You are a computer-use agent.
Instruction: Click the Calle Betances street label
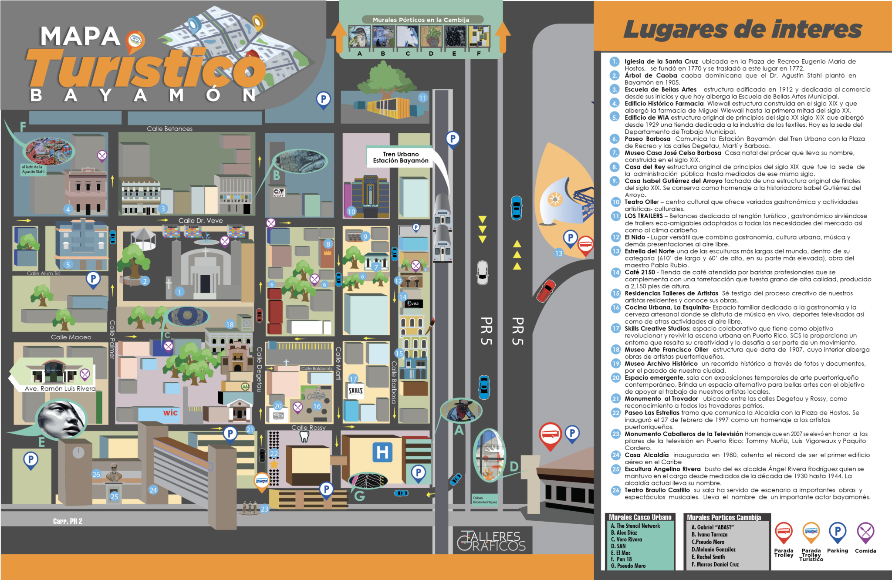pyautogui.click(x=169, y=129)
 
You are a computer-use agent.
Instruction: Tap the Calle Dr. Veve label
pyautogui.click(x=200, y=221)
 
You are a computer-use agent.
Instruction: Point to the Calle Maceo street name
pyautogui.click(x=71, y=337)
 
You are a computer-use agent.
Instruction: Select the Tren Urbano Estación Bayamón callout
pyautogui.click(x=401, y=157)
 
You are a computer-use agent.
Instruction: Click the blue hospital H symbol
pyautogui.click(x=382, y=452)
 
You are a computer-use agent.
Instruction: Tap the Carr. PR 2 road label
pyautogui.click(x=68, y=521)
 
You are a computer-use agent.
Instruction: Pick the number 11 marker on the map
pyautogui.click(x=422, y=98)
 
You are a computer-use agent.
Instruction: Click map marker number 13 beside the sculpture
pyautogui.click(x=559, y=253)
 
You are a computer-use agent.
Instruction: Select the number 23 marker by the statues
pyautogui.click(x=265, y=509)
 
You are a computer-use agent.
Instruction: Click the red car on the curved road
pyautogui.click(x=546, y=290)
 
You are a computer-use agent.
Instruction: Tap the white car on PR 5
pyautogui.click(x=482, y=273)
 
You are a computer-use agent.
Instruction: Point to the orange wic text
pyautogui.click(x=170, y=413)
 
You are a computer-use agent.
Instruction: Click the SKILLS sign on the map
pyautogui.click(x=355, y=391)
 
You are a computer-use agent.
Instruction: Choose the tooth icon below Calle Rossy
pyautogui.click(x=304, y=437)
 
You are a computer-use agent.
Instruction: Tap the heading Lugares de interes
pyautogui.click(x=742, y=30)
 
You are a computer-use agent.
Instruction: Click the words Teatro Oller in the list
pyautogui.click(x=641, y=202)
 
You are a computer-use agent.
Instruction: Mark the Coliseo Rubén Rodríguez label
pyautogui.click(x=485, y=500)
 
